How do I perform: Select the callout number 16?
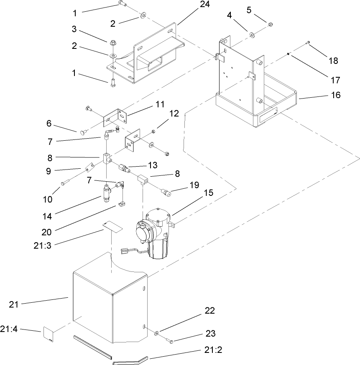click(336, 95)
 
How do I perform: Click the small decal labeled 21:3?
click(112, 226)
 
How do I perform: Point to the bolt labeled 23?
click(171, 342)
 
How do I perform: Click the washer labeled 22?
click(156, 333)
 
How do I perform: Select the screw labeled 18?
click(308, 42)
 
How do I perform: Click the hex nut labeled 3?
click(113, 43)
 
